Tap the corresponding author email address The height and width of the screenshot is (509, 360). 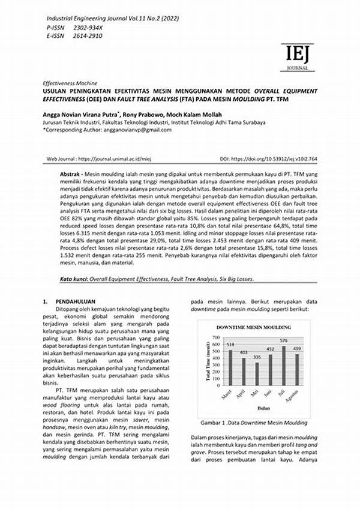point(127,129)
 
